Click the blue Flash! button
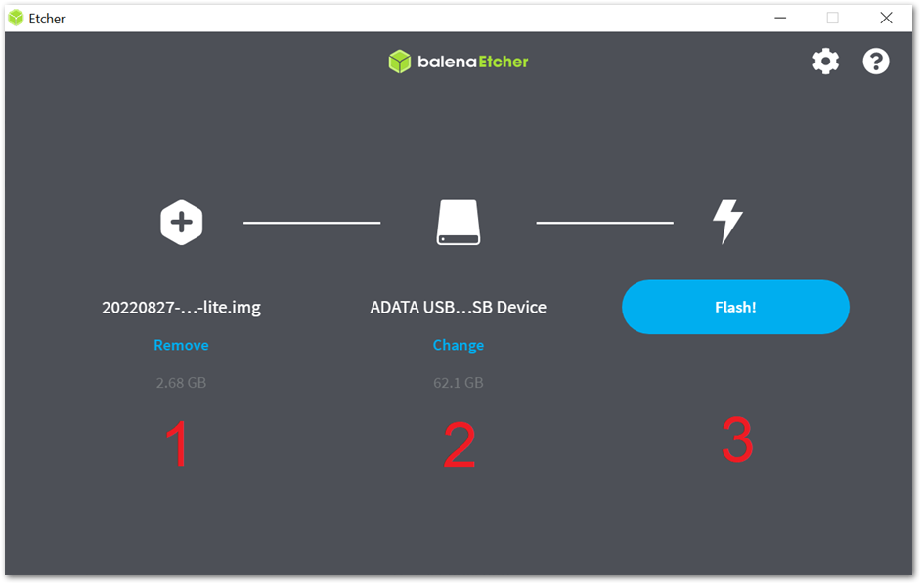pyautogui.click(x=735, y=307)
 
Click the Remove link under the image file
pyautogui.click(x=181, y=345)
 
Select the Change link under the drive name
pyautogui.click(x=459, y=345)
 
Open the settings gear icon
pyautogui.click(x=825, y=62)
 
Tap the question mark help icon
pyautogui.click(x=876, y=62)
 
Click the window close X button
pyautogui.click(x=886, y=18)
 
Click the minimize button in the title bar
pyautogui.click(x=780, y=18)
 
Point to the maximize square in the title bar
pyautogui.click(x=832, y=18)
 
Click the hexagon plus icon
pyautogui.click(x=182, y=223)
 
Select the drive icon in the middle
pyautogui.click(x=459, y=222)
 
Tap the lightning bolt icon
pyautogui.click(x=727, y=222)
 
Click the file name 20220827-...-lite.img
pyautogui.click(x=181, y=307)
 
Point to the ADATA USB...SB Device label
pyautogui.click(x=459, y=307)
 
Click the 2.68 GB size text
pyautogui.click(x=181, y=383)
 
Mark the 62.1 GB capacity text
pyautogui.click(x=459, y=383)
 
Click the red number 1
pyautogui.click(x=177, y=443)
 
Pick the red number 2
pyautogui.click(x=460, y=444)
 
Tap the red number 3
pyautogui.click(x=737, y=439)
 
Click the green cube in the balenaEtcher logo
pyautogui.click(x=400, y=62)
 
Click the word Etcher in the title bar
pyautogui.click(x=47, y=19)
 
